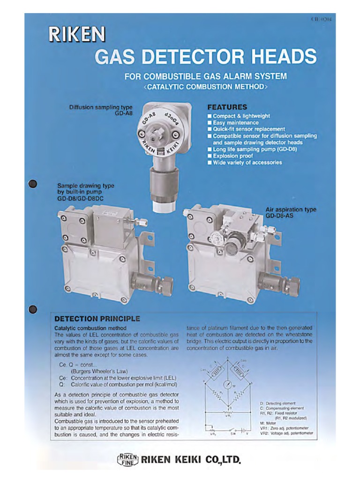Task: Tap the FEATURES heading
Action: (x=227, y=107)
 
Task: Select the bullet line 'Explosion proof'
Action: (x=233, y=156)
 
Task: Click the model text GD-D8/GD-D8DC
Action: (x=80, y=199)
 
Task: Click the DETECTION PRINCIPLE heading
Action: (x=97, y=319)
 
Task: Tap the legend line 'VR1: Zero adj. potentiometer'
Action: (x=286, y=428)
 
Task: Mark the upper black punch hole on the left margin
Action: (x=32, y=183)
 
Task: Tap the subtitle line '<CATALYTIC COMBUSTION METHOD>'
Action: (x=205, y=87)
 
